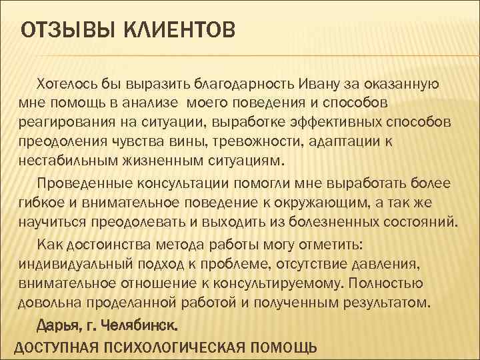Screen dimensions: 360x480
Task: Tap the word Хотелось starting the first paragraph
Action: point(70,84)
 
